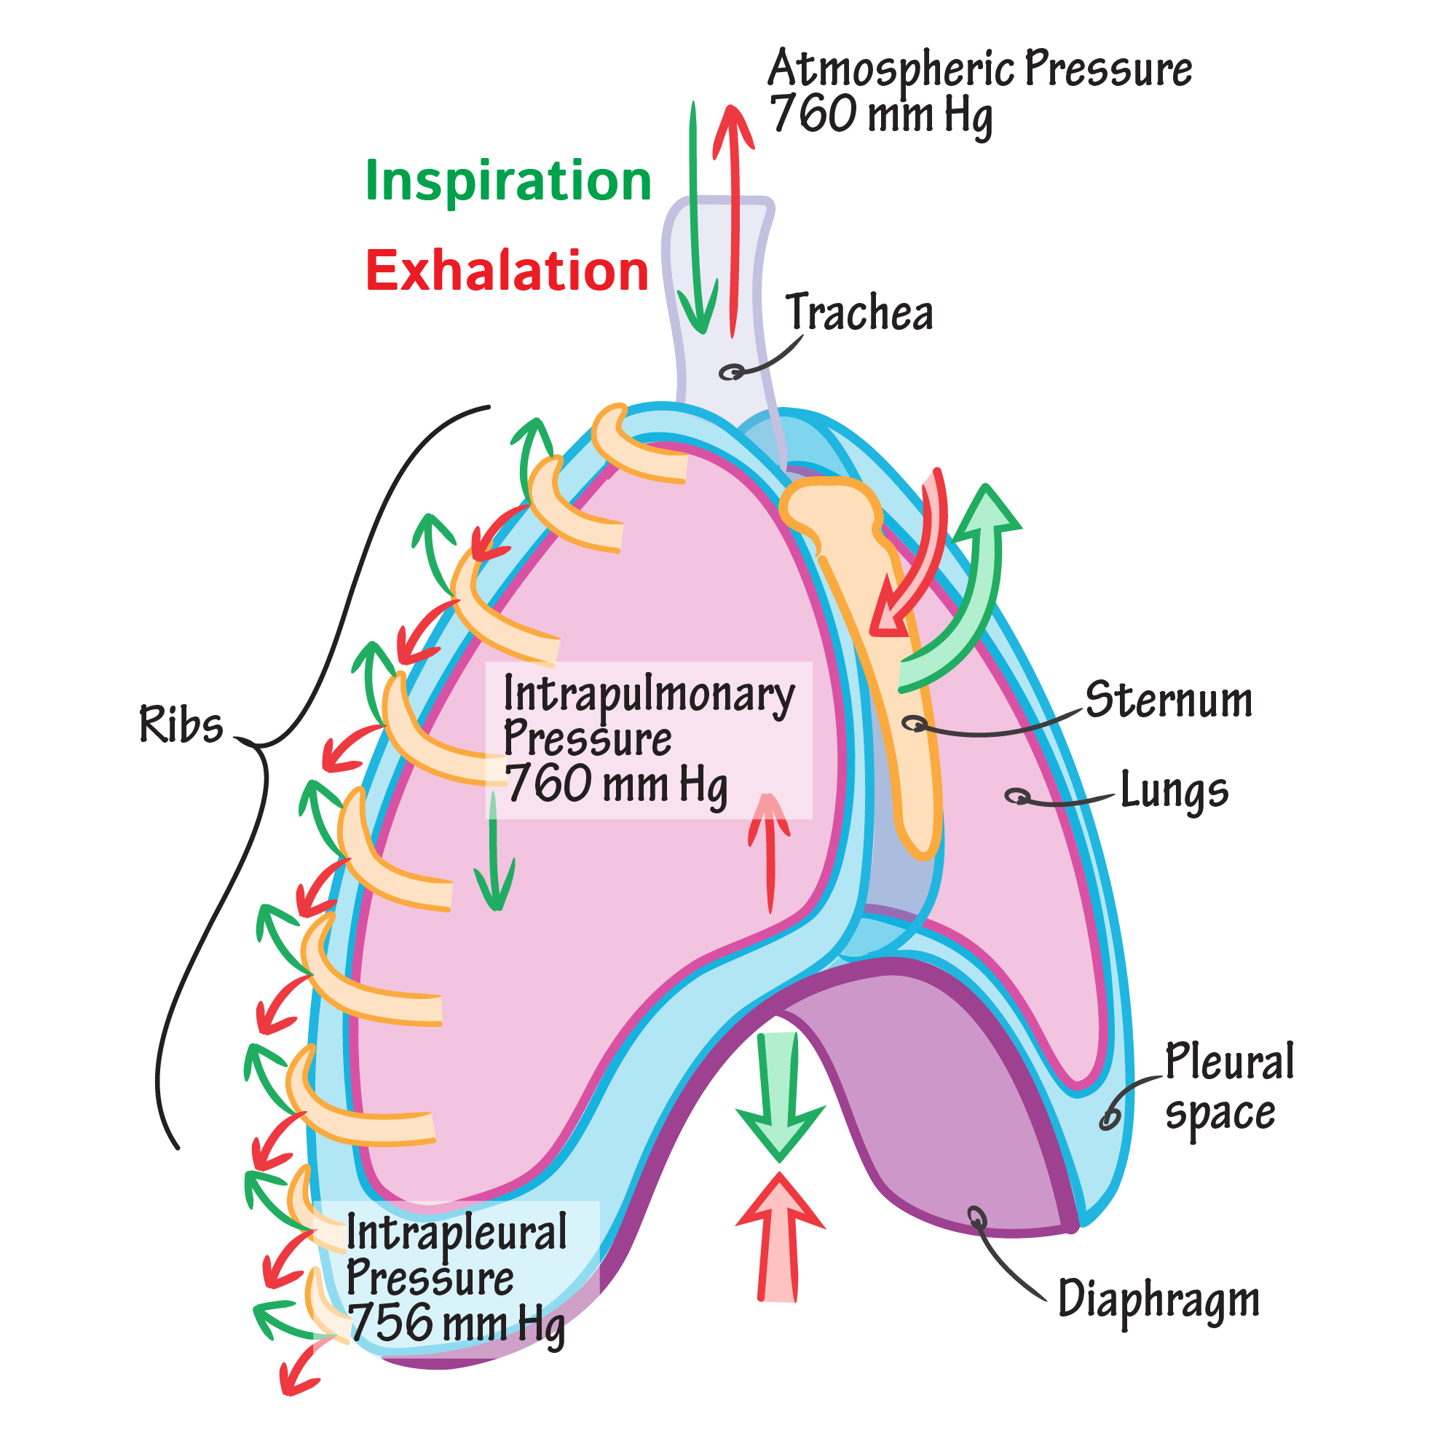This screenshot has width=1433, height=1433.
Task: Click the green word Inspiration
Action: coord(508,181)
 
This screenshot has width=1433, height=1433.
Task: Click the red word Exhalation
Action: coord(508,271)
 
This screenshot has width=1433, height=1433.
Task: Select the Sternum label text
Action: coord(1169,700)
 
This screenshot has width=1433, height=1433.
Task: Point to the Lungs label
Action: coord(1174,791)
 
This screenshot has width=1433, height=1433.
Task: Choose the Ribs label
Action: coord(181,725)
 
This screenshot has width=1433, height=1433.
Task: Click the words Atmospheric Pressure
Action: coord(979,69)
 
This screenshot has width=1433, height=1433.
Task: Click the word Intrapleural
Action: coord(457,1233)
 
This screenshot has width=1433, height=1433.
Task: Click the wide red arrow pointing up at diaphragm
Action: coord(780,1233)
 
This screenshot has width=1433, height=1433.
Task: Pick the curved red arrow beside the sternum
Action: coord(917,564)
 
